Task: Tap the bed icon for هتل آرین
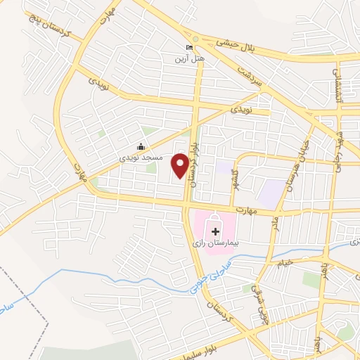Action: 188,48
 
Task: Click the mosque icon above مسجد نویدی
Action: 141,147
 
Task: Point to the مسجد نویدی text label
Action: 142,158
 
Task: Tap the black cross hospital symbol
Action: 215,230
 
